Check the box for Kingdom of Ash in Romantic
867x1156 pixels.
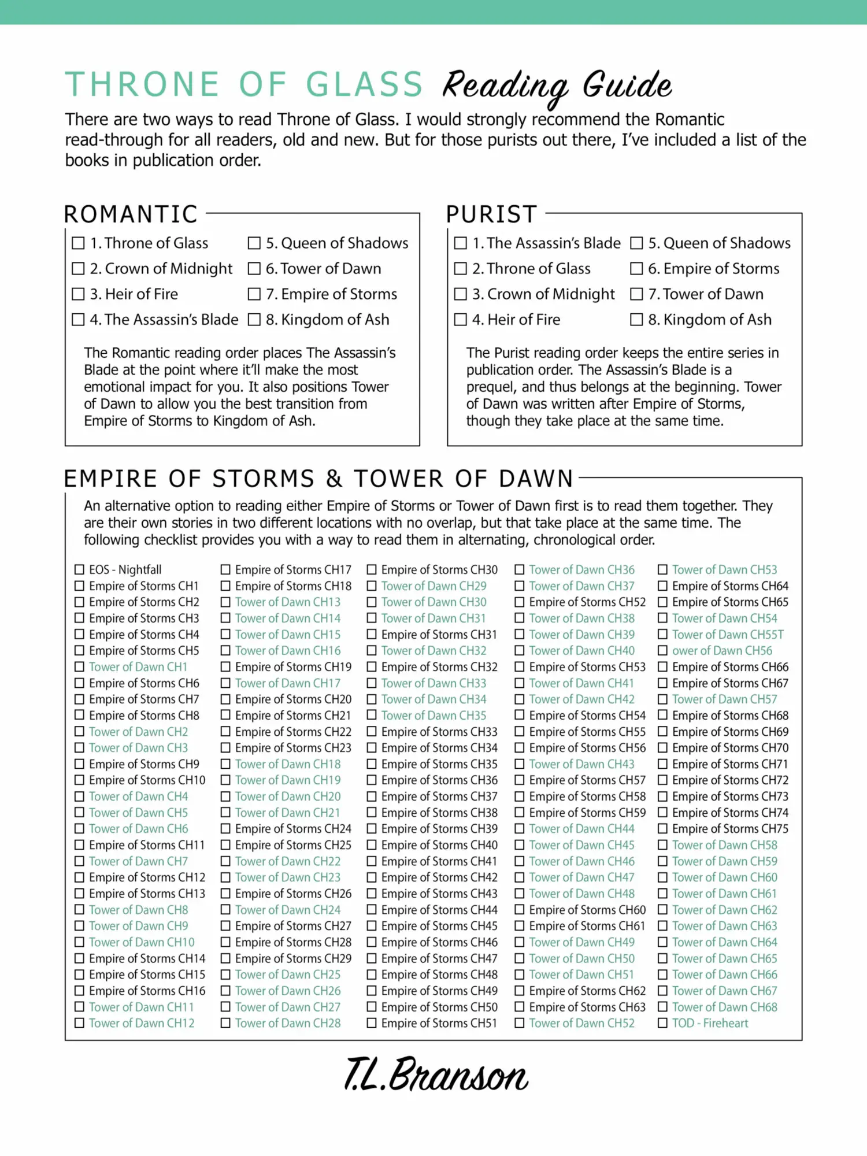(254, 320)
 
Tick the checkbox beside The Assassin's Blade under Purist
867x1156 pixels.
(461, 243)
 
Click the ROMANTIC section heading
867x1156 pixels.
(131, 214)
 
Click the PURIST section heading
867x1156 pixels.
(492, 214)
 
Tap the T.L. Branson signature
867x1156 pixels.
(436, 1075)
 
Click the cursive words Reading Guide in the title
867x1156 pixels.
(557, 86)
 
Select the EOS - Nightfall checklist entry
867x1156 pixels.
(125, 569)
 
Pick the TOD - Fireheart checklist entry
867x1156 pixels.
(710, 1023)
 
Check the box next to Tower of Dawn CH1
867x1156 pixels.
(79, 666)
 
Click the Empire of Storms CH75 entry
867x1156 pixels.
(730, 828)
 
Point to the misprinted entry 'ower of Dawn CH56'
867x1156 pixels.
(722, 650)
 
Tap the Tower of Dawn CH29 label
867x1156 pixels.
(433, 586)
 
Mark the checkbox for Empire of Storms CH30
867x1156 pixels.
(372, 569)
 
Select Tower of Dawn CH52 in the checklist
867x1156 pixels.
(581, 1023)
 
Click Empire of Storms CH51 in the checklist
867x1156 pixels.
(439, 1023)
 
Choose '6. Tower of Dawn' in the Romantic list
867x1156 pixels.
(323, 269)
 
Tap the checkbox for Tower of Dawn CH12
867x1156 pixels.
(79, 1023)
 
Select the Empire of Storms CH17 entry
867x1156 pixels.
(293, 569)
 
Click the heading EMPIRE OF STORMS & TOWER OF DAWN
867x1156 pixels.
(318, 479)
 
